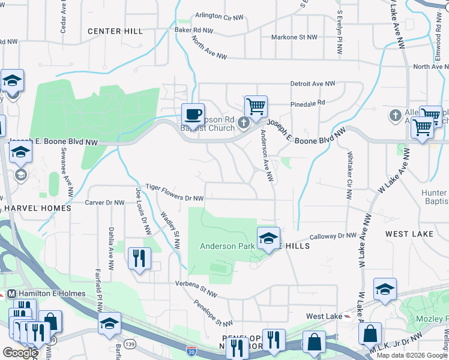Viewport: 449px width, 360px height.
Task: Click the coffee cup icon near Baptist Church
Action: click(193, 113)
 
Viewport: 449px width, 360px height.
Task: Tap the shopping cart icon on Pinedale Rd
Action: click(256, 107)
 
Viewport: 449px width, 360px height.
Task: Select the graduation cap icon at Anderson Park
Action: click(268, 238)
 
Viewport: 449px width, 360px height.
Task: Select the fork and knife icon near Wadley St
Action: click(139, 259)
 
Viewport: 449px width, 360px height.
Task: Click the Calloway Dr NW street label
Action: click(333, 236)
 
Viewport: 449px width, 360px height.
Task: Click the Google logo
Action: click(20, 353)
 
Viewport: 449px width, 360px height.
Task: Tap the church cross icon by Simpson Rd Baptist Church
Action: click(243, 123)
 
